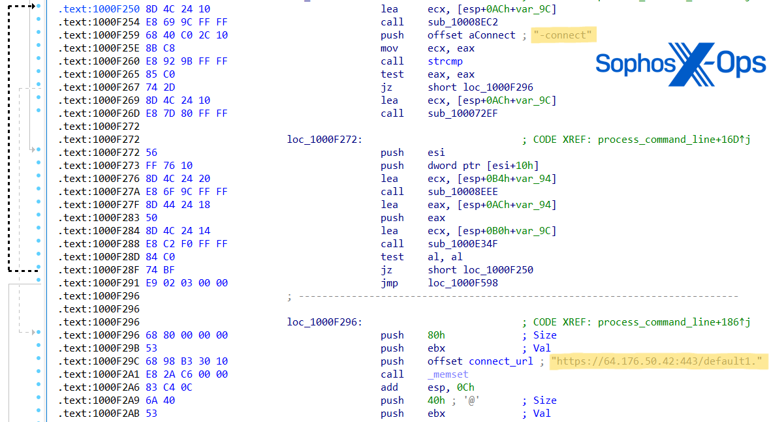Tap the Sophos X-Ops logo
pos(680,63)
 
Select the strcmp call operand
pos(445,61)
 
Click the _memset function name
pos(448,374)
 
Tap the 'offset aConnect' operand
pos(471,35)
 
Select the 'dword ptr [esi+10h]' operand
pos(483,166)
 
